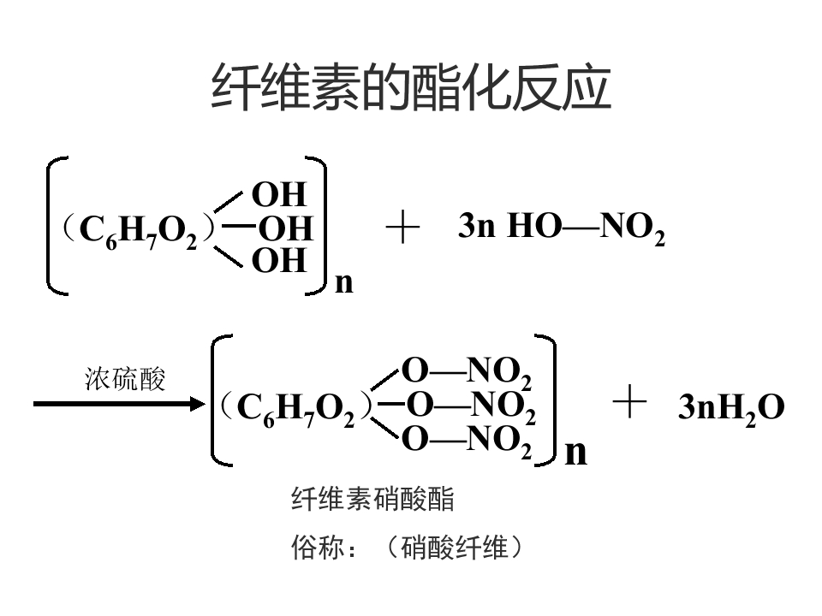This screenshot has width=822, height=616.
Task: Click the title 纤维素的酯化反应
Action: click(x=411, y=87)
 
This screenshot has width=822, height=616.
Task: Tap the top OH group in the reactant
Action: click(x=279, y=194)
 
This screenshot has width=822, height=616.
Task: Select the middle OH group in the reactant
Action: click(x=286, y=228)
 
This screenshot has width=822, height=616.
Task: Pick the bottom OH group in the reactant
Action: click(x=279, y=260)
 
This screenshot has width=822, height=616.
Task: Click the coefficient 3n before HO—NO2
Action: click(x=477, y=226)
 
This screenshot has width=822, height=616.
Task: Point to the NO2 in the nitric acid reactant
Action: click(x=633, y=228)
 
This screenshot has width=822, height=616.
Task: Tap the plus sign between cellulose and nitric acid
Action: click(x=402, y=228)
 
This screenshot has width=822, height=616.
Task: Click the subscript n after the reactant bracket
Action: click(x=344, y=283)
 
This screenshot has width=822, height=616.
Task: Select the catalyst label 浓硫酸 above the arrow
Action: click(x=125, y=379)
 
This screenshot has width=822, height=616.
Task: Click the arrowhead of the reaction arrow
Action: click(x=198, y=404)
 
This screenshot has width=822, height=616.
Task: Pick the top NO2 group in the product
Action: click(x=499, y=373)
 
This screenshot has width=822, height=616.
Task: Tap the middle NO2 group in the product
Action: click(x=503, y=407)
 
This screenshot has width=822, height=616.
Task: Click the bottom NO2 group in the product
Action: click(x=499, y=441)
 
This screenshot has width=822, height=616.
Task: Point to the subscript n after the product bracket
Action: click(x=576, y=452)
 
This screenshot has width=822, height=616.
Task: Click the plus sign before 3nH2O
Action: click(x=629, y=402)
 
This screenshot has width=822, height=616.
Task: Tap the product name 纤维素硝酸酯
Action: click(x=372, y=499)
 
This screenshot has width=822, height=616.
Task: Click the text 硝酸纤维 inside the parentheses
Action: click(x=455, y=548)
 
